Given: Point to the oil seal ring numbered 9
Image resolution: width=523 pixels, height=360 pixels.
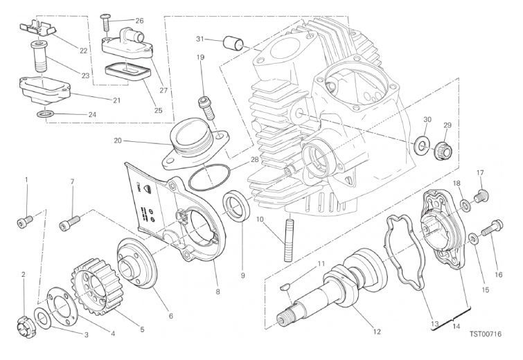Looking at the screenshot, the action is [x=236, y=206].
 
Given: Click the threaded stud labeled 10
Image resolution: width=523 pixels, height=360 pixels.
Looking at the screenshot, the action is [x=289, y=238].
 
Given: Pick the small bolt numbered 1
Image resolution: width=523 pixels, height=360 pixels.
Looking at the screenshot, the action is [x=25, y=222].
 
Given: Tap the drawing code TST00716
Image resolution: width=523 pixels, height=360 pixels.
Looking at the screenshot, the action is [x=486, y=334].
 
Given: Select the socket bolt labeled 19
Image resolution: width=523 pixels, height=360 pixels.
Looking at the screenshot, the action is [x=207, y=108].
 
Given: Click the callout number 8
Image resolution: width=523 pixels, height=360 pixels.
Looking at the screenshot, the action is [x=218, y=292].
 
